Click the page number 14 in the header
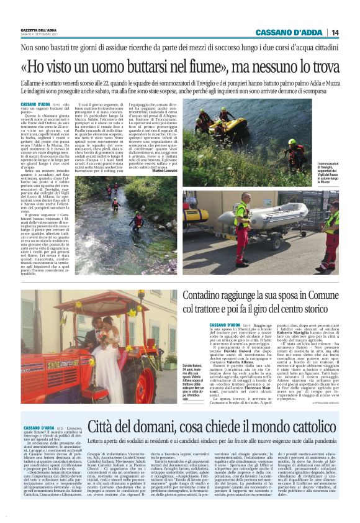point(335,32)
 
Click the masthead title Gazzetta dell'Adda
point(38,30)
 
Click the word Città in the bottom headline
point(104,425)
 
